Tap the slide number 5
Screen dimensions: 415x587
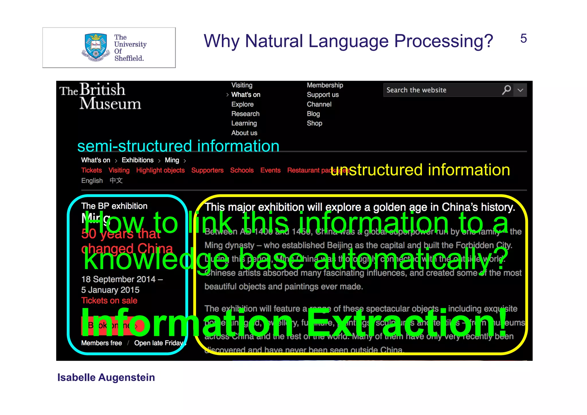click(x=523, y=38)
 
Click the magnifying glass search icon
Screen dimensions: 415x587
click(x=506, y=90)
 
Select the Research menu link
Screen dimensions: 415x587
click(x=245, y=114)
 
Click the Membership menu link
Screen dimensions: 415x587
click(x=325, y=85)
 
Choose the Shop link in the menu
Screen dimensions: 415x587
click(x=314, y=123)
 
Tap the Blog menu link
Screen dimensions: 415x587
click(x=313, y=114)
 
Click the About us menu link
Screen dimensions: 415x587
click(x=244, y=133)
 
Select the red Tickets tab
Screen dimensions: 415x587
click(x=91, y=170)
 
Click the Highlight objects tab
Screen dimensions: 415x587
click(x=160, y=170)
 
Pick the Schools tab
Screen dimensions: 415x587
click(x=242, y=170)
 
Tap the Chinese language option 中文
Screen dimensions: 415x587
click(x=116, y=181)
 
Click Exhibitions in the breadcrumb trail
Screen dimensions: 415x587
click(x=138, y=160)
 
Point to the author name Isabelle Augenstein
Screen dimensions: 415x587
click(x=106, y=377)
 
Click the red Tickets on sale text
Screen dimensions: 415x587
click(x=109, y=301)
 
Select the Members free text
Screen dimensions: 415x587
click(x=101, y=343)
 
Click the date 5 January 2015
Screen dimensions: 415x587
click(x=110, y=290)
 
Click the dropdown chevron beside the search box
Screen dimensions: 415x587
click(x=521, y=90)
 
